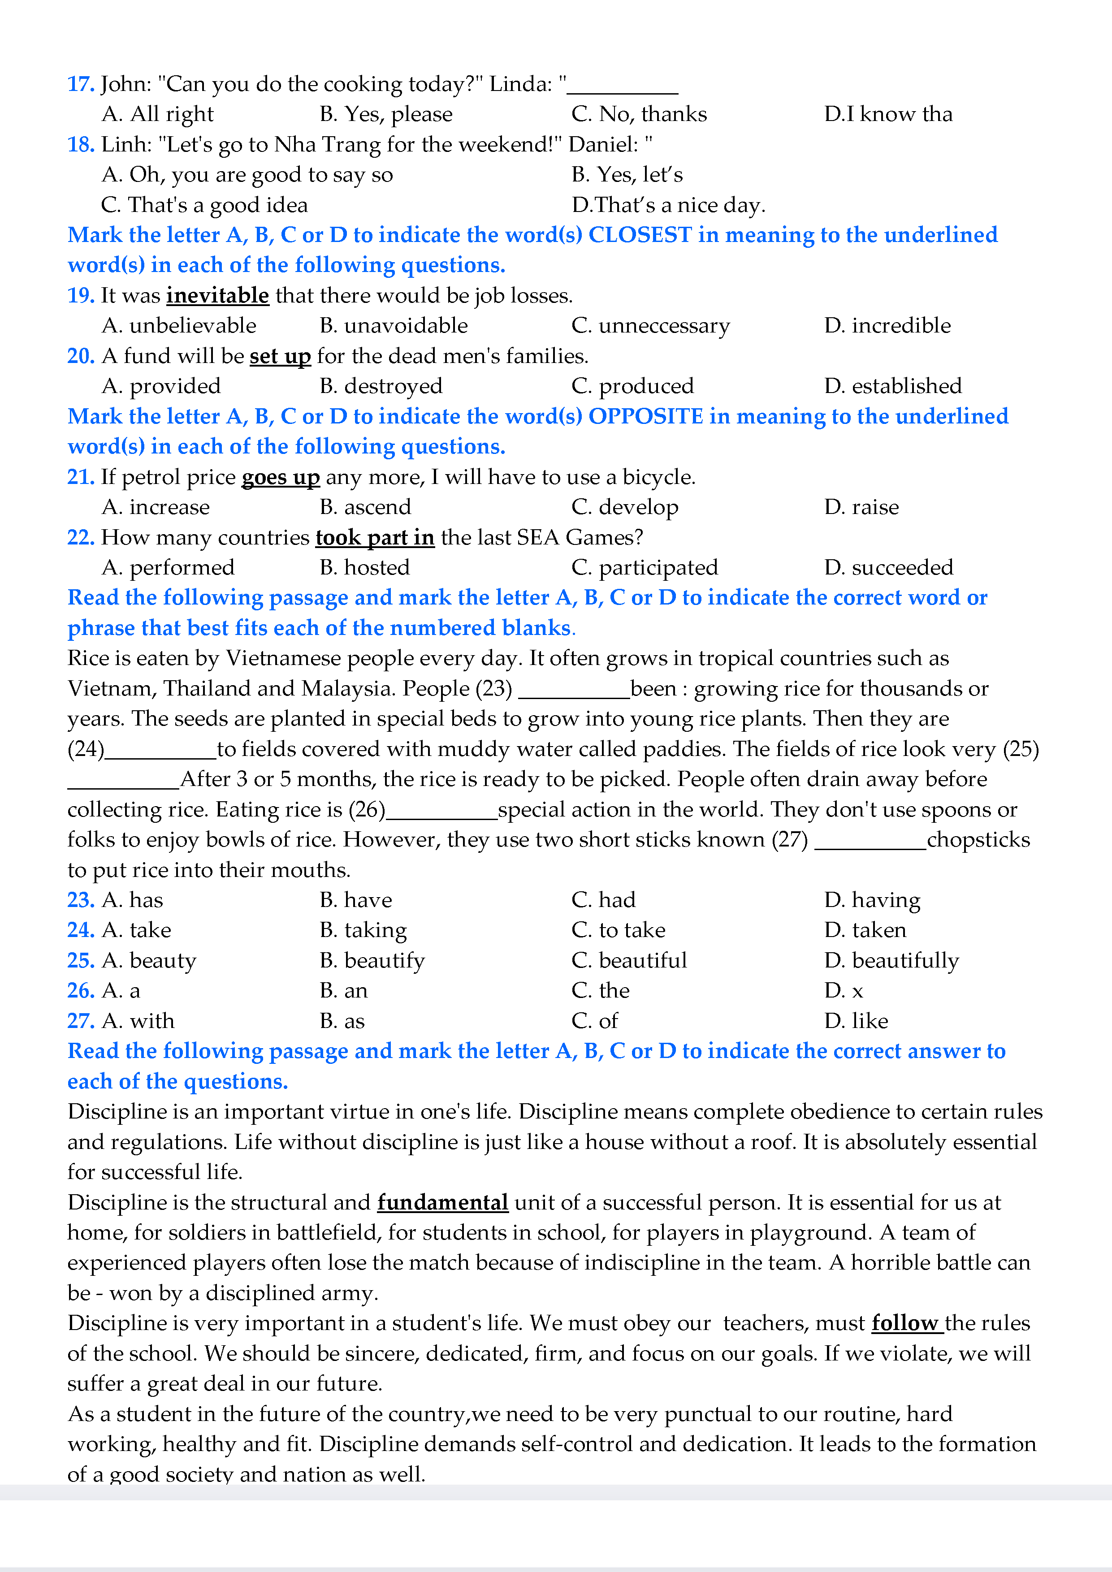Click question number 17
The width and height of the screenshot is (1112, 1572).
[x=81, y=84]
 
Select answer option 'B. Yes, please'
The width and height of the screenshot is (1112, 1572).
[x=385, y=114]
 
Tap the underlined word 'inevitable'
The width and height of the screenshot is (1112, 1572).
[x=218, y=296]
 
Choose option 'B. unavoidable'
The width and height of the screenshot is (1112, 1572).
[x=394, y=326]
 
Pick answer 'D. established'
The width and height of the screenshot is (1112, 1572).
[x=893, y=386]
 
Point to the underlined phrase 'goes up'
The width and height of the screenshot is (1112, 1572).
[x=281, y=477]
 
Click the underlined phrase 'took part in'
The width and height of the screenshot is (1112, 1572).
[x=375, y=537]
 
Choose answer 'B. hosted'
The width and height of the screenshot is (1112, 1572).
[x=364, y=568]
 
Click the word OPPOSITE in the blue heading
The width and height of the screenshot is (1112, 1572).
[x=646, y=417]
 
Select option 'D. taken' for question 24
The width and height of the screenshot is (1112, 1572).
[x=865, y=930]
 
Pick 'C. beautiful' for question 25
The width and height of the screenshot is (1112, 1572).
[x=628, y=961]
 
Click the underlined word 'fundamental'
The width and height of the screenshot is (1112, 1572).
[x=442, y=1203]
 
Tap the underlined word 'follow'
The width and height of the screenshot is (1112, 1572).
[x=904, y=1323]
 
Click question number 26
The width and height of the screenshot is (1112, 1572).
[x=81, y=991]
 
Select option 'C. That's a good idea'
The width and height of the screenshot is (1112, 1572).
[x=204, y=205]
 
